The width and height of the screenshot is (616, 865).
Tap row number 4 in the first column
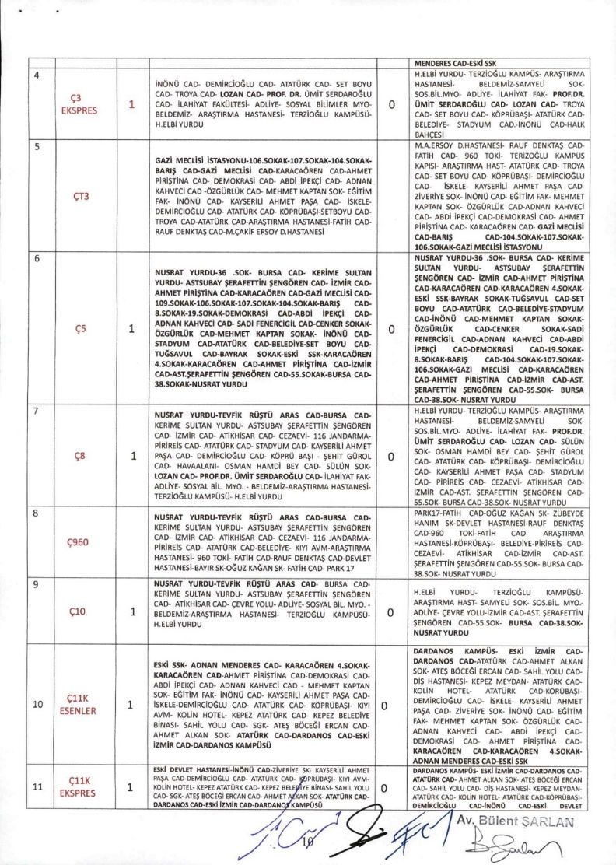click(x=35, y=74)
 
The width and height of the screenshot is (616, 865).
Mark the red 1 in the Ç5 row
click(x=131, y=329)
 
